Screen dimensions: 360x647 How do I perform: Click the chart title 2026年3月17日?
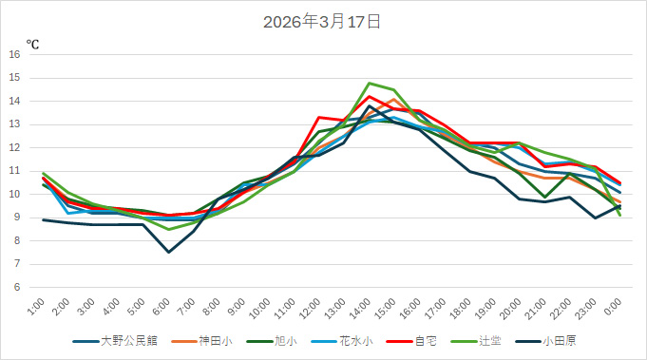tap(323, 20)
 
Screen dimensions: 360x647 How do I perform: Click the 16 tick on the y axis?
tap(14, 54)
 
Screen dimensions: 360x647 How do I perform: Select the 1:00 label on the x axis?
tap(37, 306)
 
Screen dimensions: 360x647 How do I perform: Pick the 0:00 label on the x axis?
tap(614, 306)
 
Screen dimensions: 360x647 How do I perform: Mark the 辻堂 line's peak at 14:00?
tap(370, 83)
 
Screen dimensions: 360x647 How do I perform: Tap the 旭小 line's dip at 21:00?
tap(544, 197)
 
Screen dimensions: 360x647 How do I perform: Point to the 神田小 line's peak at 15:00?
tap(394, 99)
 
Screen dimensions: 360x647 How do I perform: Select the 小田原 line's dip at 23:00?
tap(595, 218)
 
